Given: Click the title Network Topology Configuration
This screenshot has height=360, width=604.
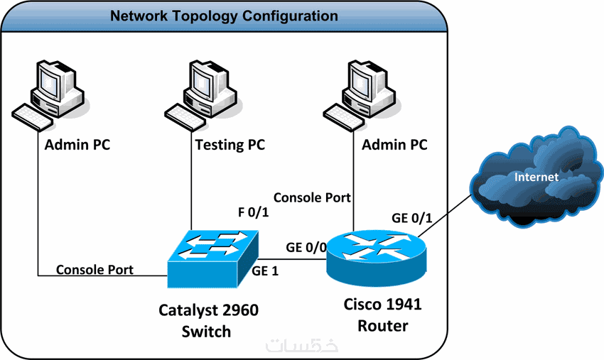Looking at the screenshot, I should click(224, 15).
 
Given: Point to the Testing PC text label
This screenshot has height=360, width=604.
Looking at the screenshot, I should click(230, 146).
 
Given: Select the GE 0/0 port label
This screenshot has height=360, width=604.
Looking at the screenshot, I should click(306, 248).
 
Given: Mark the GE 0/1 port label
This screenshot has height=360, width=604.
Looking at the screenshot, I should click(412, 217).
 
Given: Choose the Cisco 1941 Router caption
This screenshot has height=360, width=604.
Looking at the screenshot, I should click(383, 315).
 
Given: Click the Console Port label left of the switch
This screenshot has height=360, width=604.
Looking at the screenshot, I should click(95, 270).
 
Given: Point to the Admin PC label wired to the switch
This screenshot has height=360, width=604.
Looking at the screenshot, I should click(77, 146).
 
